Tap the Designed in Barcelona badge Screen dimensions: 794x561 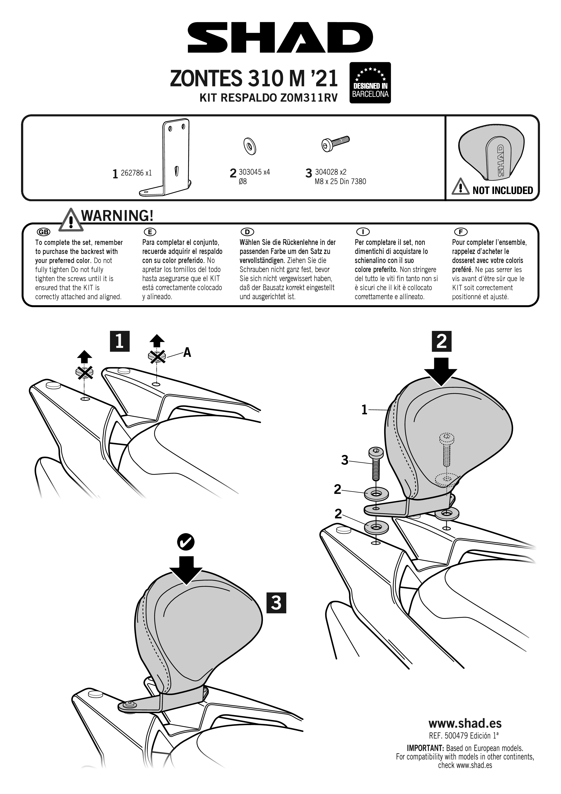[x=370, y=83]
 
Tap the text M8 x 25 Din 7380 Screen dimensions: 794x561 [x=340, y=182]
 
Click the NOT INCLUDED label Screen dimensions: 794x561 [x=502, y=190]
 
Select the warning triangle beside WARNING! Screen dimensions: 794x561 [x=71, y=220]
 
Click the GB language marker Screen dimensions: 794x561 [x=43, y=232]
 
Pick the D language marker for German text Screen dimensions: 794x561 [x=247, y=232]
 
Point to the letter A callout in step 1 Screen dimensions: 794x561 [x=187, y=352]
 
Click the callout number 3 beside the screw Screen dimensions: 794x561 [x=345, y=460]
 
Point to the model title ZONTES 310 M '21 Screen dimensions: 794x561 [x=253, y=79]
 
